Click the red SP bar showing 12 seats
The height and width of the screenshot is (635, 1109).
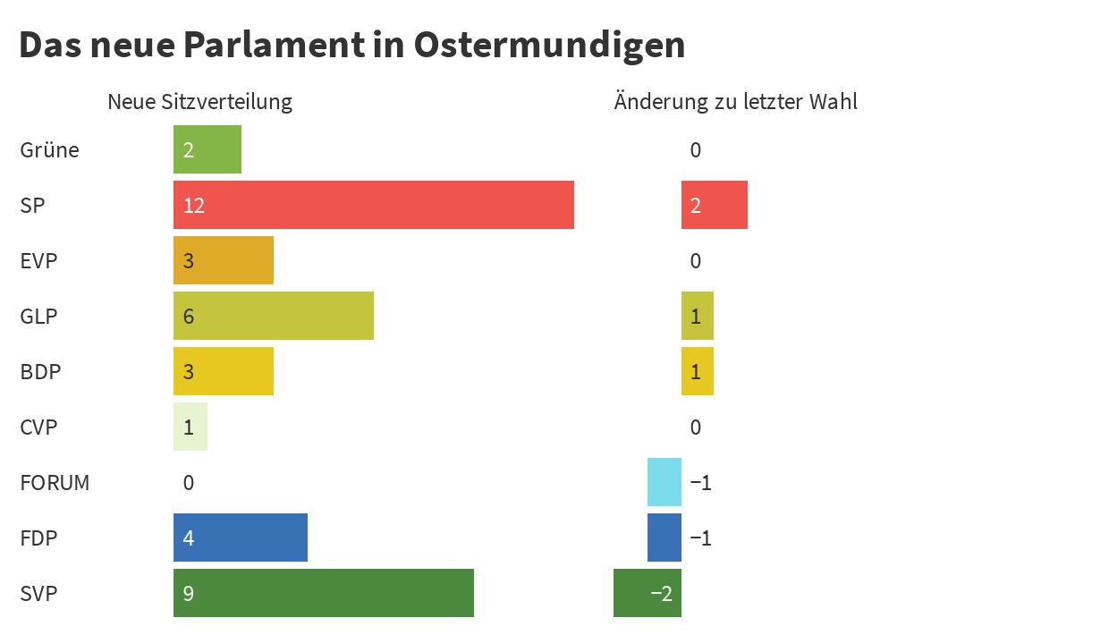click(x=374, y=205)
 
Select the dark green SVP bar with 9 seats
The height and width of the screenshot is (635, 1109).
click(x=324, y=593)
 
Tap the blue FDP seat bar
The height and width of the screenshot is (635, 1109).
click(x=241, y=538)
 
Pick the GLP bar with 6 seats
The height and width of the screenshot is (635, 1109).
click(x=274, y=316)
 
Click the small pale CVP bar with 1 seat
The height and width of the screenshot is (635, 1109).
click(x=190, y=427)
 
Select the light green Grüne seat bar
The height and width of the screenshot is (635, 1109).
click(x=207, y=149)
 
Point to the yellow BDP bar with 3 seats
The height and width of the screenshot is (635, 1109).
click(x=224, y=371)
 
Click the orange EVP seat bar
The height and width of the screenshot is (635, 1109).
click(x=224, y=260)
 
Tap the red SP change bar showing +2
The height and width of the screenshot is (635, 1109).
click(x=715, y=205)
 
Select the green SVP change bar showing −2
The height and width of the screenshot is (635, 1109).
click(x=648, y=593)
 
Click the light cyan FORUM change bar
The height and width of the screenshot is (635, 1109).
click(x=665, y=482)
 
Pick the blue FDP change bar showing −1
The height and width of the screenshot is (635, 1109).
click(x=665, y=538)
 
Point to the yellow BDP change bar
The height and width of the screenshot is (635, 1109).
click(x=698, y=371)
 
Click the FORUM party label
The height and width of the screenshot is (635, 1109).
click(x=55, y=483)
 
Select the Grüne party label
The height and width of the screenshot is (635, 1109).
click(x=49, y=150)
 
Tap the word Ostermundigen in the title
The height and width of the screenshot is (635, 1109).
click(x=549, y=45)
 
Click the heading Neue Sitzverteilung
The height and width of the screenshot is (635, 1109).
click(x=199, y=102)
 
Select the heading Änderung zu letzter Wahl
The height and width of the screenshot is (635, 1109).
click(x=735, y=102)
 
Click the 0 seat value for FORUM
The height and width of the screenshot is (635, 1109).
click(x=189, y=483)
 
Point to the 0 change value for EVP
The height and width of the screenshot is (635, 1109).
click(x=696, y=261)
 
